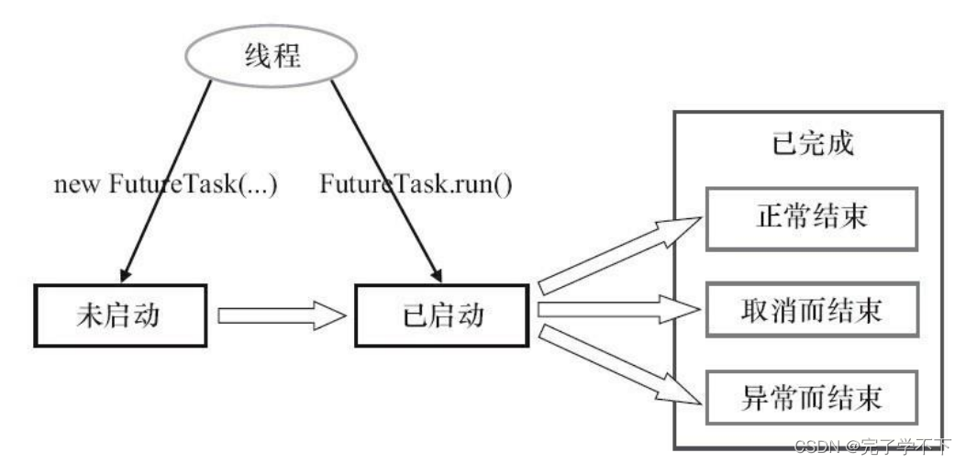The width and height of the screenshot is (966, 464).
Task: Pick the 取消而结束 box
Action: pyautogui.click(x=811, y=310)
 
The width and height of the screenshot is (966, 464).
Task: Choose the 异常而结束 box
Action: pyautogui.click(x=811, y=399)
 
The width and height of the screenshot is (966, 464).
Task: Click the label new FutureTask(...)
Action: pyautogui.click(x=165, y=183)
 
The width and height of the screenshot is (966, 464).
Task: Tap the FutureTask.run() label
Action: pyautogui.click(x=416, y=183)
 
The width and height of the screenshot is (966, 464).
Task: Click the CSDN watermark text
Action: pyautogui.click(x=872, y=447)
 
